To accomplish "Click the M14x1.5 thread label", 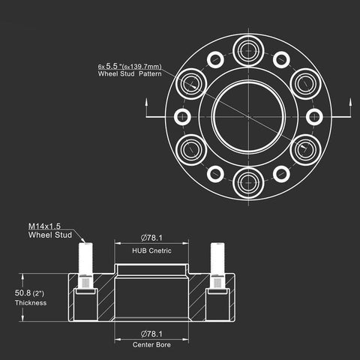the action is [44, 226].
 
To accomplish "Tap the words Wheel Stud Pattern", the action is [130, 73].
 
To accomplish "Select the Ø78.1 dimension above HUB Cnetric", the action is [151, 238].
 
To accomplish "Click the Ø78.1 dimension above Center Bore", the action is [151, 334].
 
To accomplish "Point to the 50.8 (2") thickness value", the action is [29, 293].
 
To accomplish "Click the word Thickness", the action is [31, 303].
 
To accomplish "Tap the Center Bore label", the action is [151, 345].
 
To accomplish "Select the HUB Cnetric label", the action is [151, 250].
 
